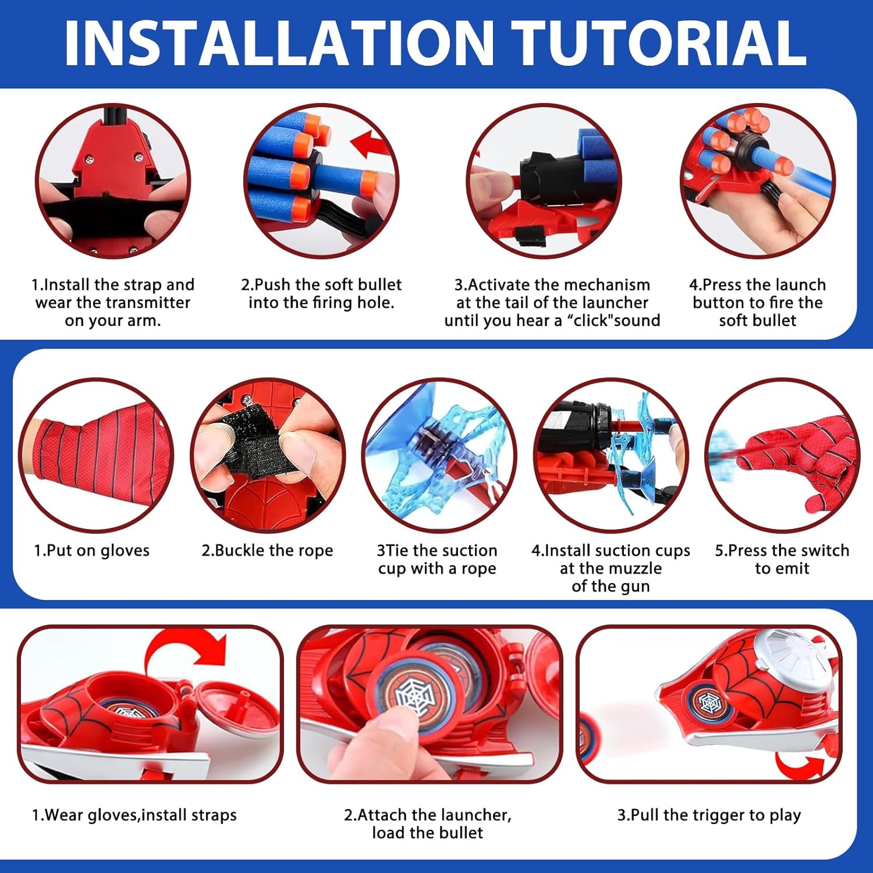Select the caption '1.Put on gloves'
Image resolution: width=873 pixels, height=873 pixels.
coord(91,551)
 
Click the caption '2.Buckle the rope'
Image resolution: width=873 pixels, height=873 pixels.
coord(267,551)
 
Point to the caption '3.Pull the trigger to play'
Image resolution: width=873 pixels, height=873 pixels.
coord(709,815)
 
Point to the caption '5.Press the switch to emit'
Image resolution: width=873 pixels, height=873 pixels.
coord(782,559)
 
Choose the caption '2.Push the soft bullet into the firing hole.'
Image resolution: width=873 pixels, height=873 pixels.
coord(321,294)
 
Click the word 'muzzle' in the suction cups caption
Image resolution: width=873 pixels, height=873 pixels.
coord(633,569)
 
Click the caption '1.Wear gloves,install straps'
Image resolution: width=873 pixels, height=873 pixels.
coord(134,815)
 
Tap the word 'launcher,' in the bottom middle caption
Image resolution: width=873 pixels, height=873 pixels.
coord(472,815)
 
